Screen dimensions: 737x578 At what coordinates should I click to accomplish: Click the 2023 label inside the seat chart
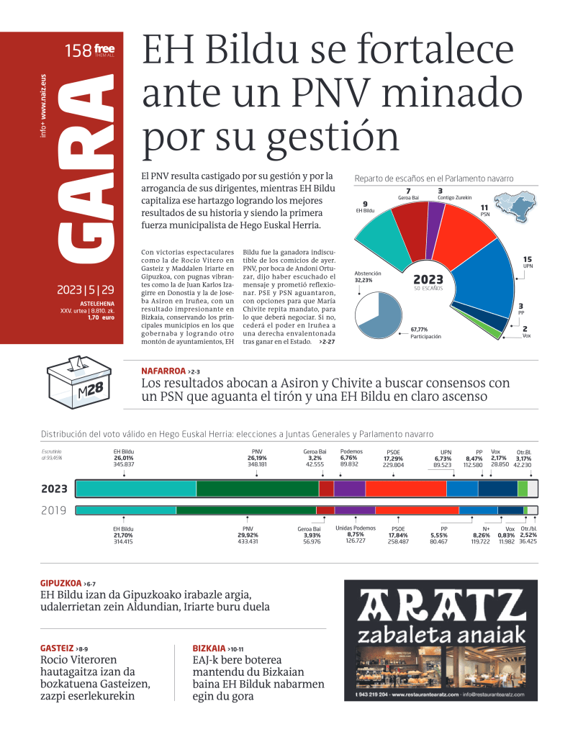point(428,280)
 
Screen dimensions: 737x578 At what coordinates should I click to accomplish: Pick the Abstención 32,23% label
point(368,277)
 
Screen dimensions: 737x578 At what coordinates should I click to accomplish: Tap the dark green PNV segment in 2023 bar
point(257,489)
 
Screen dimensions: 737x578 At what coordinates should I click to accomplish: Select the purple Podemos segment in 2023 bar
point(349,489)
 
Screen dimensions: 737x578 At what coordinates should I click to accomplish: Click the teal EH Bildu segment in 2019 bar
point(126,510)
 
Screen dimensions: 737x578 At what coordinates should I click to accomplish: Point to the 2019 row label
point(54,510)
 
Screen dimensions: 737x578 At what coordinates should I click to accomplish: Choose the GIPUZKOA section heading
point(60,582)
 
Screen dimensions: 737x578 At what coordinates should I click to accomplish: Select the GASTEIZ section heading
point(56,648)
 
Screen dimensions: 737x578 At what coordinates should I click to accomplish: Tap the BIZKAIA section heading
point(209,648)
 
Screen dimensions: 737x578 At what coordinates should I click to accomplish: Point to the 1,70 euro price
point(98,317)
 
